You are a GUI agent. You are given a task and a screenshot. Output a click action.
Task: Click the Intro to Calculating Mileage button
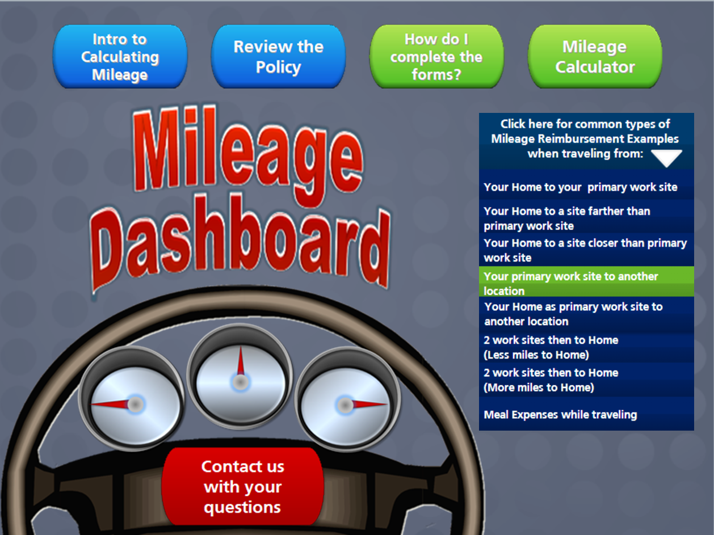[120, 57]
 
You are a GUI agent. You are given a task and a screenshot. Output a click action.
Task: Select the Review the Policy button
[279, 57]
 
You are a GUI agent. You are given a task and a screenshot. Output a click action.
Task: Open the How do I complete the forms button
[436, 57]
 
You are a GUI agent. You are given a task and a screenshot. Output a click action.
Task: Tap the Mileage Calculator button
[595, 57]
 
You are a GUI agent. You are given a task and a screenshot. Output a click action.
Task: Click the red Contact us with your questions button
[243, 486]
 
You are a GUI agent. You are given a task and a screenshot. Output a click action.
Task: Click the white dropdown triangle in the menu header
[666, 158]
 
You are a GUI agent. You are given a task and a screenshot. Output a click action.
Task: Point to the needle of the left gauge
[111, 404]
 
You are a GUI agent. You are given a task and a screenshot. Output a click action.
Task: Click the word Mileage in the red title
[248, 153]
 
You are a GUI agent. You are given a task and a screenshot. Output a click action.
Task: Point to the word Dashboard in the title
[241, 244]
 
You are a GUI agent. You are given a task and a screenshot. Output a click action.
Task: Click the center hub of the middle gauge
[241, 382]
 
